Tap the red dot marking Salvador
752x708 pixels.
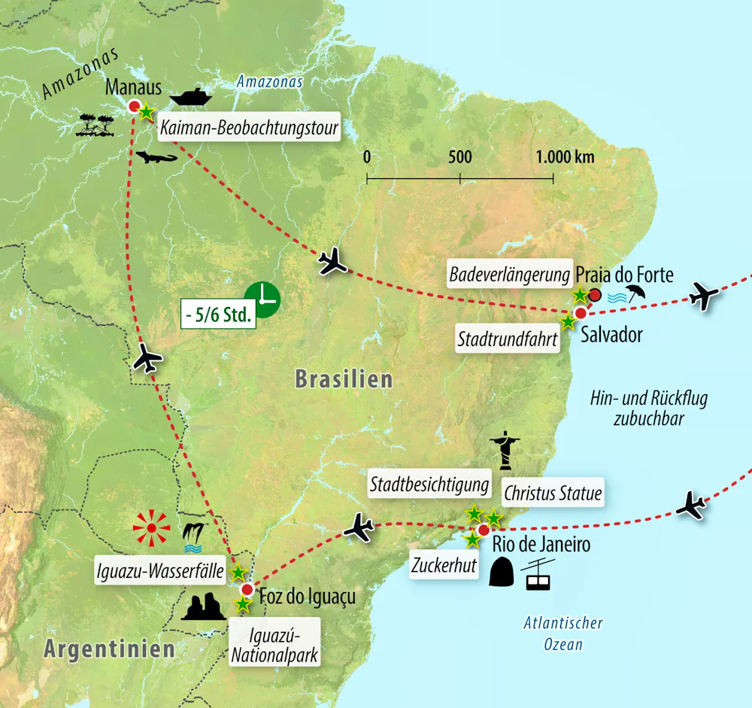[580, 313]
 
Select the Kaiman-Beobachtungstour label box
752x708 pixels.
[248, 129]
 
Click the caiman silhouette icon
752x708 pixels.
[156, 158]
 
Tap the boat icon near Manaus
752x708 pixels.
[192, 97]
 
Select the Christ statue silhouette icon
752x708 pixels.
[504, 450]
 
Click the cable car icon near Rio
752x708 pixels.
[538, 575]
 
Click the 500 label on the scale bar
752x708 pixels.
[459, 157]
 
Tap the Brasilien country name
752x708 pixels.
[344, 378]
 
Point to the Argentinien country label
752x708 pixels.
[109, 648]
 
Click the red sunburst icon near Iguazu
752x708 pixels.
[151, 530]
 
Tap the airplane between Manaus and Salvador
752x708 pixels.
[332, 262]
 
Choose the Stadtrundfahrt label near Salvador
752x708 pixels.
[508, 339]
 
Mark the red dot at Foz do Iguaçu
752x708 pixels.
[247, 588]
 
